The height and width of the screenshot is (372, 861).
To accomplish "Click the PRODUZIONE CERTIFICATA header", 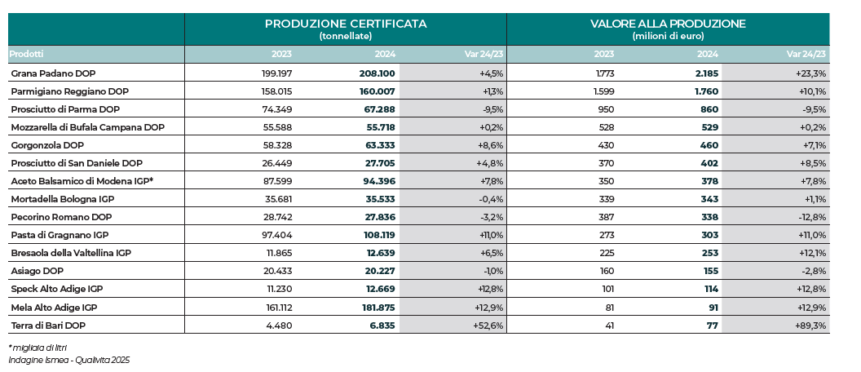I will [x=345, y=24].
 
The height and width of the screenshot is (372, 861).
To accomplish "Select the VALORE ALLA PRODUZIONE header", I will [x=668, y=24].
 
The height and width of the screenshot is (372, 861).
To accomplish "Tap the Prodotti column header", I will [x=26, y=54].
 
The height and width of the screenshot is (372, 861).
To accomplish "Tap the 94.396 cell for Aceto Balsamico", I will [x=378, y=181].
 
